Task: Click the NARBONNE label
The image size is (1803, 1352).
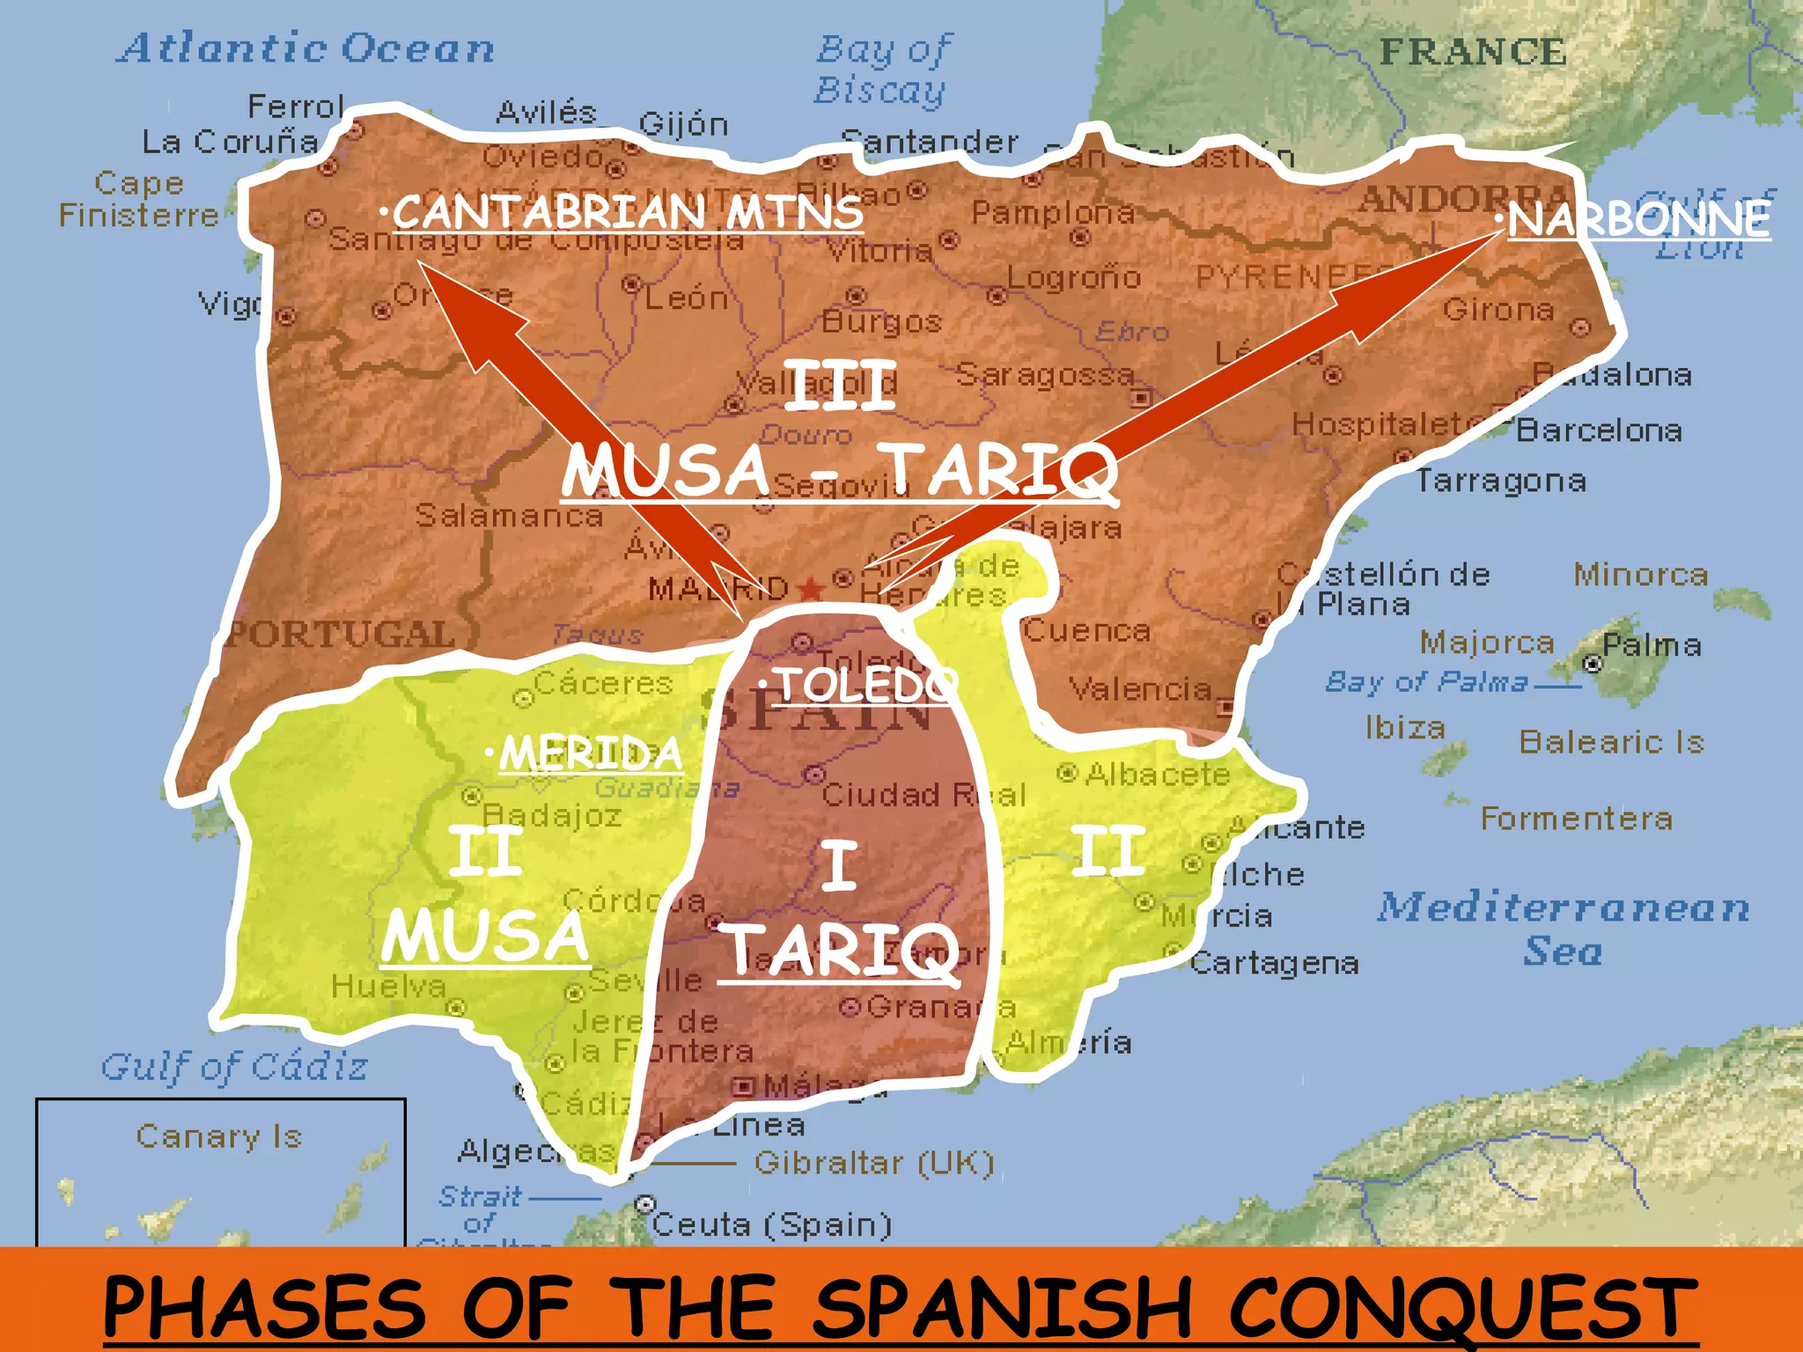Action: pyautogui.click(x=1637, y=219)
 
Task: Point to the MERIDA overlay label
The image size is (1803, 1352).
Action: pyautogui.click(x=590, y=753)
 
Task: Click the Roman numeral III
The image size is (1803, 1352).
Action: pyautogui.click(x=841, y=386)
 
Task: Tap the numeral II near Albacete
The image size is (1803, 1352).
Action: pyautogui.click(x=1108, y=851)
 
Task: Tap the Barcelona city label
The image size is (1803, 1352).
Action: pyautogui.click(x=1599, y=430)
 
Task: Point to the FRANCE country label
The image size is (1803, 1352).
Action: pyautogui.click(x=1473, y=52)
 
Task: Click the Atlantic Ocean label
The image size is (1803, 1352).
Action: pyautogui.click(x=305, y=48)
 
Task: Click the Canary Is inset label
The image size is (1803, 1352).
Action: pyautogui.click(x=219, y=1136)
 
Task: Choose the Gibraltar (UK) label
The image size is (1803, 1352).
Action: pyautogui.click(x=874, y=1164)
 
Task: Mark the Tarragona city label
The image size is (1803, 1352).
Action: pyautogui.click(x=1501, y=481)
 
